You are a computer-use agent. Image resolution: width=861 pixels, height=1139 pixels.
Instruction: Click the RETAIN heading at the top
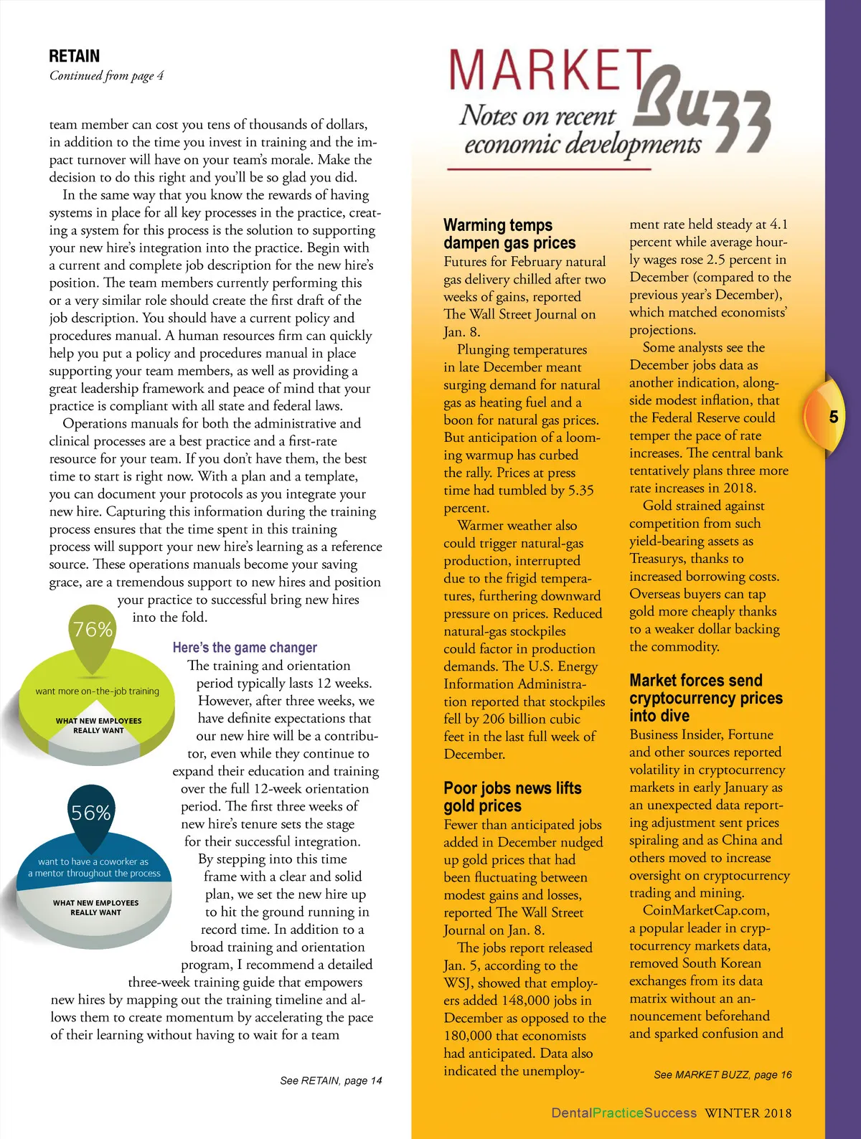point(75,56)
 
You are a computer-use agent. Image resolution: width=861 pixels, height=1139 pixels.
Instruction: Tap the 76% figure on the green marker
point(93,629)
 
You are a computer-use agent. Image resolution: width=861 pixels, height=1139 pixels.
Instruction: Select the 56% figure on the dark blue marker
point(91,813)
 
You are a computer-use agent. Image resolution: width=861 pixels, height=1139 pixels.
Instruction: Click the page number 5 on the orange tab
point(833,417)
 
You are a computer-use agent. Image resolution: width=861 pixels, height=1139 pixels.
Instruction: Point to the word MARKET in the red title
point(549,72)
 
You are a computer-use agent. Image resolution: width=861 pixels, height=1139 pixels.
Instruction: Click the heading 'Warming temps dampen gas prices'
point(509,234)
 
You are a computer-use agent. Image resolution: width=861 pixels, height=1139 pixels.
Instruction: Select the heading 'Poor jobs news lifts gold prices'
point(512,797)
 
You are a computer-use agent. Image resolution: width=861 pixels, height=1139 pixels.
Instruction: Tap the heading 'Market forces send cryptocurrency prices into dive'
point(705,698)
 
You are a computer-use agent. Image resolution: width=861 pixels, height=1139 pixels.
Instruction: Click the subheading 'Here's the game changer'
point(245,648)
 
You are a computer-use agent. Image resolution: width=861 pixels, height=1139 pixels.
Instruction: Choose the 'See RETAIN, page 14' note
point(331,1080)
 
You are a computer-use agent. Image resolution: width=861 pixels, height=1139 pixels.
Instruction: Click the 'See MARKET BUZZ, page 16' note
point(723,1074)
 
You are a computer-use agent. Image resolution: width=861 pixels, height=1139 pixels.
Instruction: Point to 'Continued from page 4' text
point(106,75)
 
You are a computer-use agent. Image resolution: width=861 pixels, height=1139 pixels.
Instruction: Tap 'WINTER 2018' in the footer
point(748,1113)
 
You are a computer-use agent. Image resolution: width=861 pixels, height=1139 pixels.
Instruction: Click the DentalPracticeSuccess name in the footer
point(624,1113)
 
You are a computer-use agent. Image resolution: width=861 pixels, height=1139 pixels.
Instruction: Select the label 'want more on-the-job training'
point(98,691)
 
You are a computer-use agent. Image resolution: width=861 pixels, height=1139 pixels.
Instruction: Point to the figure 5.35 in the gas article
point(580,491)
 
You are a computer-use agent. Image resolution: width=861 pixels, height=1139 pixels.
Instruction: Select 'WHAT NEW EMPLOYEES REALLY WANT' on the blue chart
point(95,907)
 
